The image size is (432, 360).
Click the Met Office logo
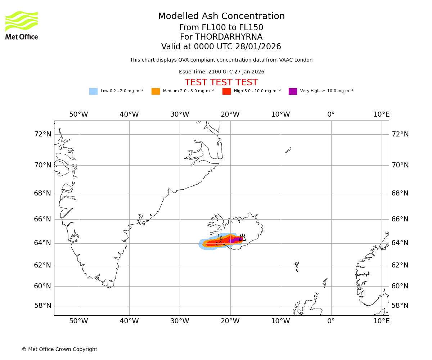point(22,25)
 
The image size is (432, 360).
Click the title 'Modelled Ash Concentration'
point(221,17)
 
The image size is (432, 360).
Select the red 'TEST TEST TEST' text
point(221,82)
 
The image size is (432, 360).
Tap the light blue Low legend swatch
point(93,91)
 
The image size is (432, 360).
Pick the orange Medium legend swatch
point(156,91)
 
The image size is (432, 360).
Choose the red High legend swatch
point(226,91)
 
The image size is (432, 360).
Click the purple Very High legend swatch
point(293,91)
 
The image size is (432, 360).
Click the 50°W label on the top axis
point(78,114)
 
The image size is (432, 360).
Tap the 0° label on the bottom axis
point(331,321)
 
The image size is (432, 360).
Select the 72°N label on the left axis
point(42,134)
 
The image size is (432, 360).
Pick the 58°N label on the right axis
point(400,306)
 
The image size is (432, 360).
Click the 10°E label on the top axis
point(381,114)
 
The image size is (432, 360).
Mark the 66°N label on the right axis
point(400,219)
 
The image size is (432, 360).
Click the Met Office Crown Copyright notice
point(59,349)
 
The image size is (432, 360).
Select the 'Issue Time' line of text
point(221,72)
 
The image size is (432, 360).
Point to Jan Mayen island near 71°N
point(288,150)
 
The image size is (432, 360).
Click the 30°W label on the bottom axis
point(180,321)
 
